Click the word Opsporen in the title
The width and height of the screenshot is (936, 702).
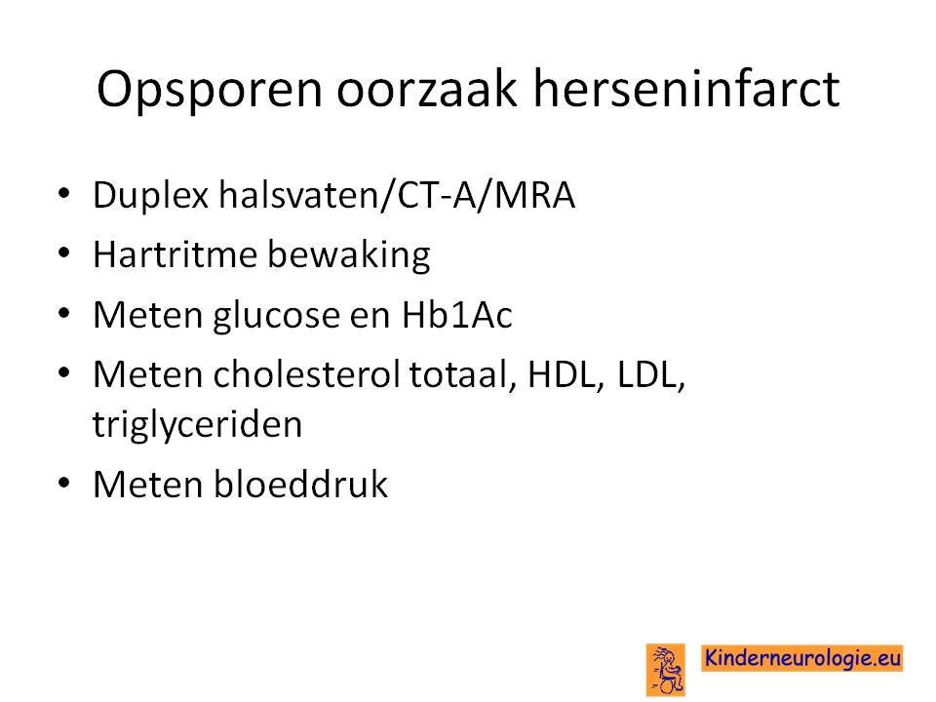tap(210, 90)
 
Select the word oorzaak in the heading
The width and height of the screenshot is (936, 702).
tap(427, 89)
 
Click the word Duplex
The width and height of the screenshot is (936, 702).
tap(151, 196)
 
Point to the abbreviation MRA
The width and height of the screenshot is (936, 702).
tap(535, 195)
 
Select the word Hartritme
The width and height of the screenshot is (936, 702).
tap(175, 254)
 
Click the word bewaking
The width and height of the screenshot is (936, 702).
tap(349, 255)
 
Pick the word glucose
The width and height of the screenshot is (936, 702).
tap(276, 316)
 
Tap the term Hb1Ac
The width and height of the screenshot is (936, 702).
tap(456, 315)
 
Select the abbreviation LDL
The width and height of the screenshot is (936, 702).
tap(650, 374)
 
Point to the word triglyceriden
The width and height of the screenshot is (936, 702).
tap(197, 424)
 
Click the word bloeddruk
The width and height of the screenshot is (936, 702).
tap(300, 484)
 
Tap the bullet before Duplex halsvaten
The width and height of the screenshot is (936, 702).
tap(64, 193)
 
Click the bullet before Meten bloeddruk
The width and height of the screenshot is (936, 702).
tap(64, 483)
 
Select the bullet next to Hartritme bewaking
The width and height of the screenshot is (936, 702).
tap(64, 253)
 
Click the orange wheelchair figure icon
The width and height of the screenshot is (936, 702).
tap(666, 669)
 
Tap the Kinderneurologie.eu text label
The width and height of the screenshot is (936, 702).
tap(801, 658)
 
